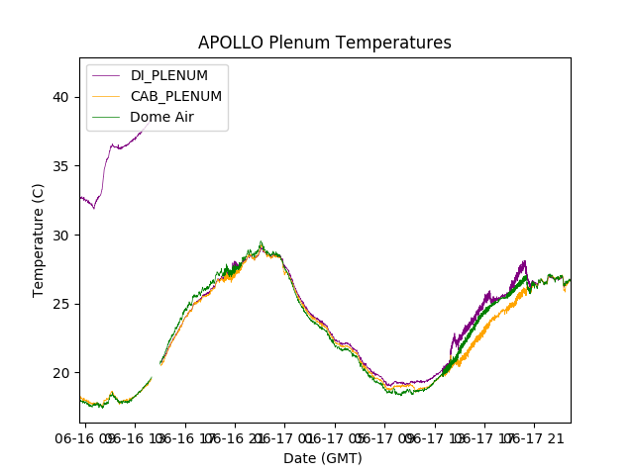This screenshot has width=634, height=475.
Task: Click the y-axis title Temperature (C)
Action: point(39,239)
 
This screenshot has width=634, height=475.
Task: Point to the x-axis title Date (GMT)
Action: point(323,458)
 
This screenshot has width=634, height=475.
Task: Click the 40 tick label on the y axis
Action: point(61,97)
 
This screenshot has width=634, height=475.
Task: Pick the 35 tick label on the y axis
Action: point(61,166)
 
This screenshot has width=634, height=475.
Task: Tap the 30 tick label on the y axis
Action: point(61,235)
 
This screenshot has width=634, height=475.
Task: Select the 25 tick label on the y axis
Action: point(61,304)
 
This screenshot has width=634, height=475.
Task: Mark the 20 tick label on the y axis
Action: point(61,373)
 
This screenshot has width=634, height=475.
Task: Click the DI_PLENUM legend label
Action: point(169,76)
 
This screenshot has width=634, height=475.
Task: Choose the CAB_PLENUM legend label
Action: point(176,96)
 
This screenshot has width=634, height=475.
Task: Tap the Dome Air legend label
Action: point(162,117)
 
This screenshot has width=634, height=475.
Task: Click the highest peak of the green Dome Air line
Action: point(262,242)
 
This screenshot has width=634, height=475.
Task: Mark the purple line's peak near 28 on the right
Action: point(524,262)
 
